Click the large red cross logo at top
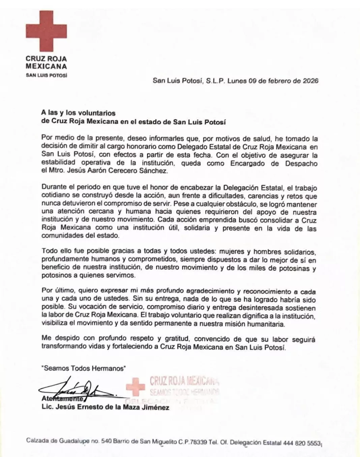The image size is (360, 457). tap(46, 31)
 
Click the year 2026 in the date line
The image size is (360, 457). tap(310, 81)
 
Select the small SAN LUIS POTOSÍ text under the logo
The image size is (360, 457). tap(46, 75)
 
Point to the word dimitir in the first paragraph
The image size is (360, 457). tap(78, 147)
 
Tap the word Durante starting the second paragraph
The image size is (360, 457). tap(53, 188)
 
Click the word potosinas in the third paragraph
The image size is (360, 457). tap(294, 268)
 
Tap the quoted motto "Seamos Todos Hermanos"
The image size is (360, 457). tap(83, 368)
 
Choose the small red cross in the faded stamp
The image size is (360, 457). tap(135, 387)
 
